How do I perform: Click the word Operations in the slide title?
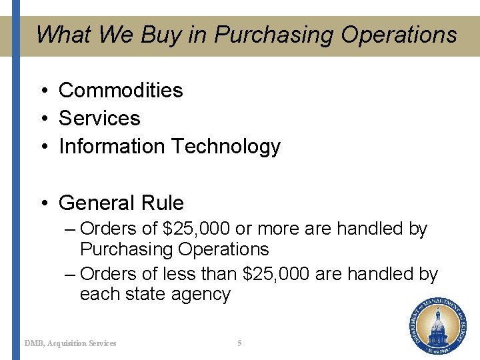[399, 35]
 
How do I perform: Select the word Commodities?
[121, 90]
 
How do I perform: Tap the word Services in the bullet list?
[99, 118]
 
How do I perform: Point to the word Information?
[112, 146]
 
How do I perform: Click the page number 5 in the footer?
[239, 343]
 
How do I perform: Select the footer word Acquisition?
[69, 343]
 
